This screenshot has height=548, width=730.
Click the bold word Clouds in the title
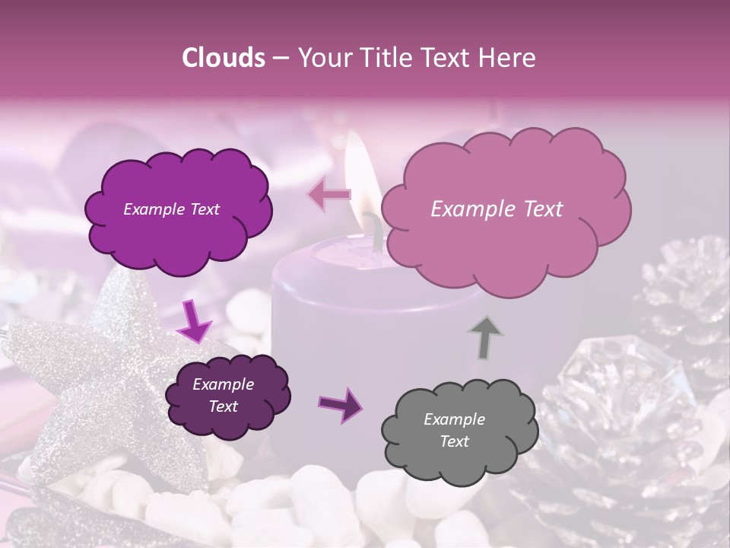[x=223, y=58]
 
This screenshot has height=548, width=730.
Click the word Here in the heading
[x=508, y=58]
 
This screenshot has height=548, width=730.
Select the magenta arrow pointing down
[x=195, y=322]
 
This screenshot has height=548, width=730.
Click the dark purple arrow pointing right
[x=341, y=404]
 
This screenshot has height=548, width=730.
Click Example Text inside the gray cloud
[x=455, y=430]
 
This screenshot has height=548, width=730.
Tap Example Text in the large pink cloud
[x=497, y=209]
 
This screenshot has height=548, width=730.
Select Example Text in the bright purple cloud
[x=172, y=209]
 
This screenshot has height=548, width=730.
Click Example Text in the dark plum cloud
[x=223, y=395]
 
